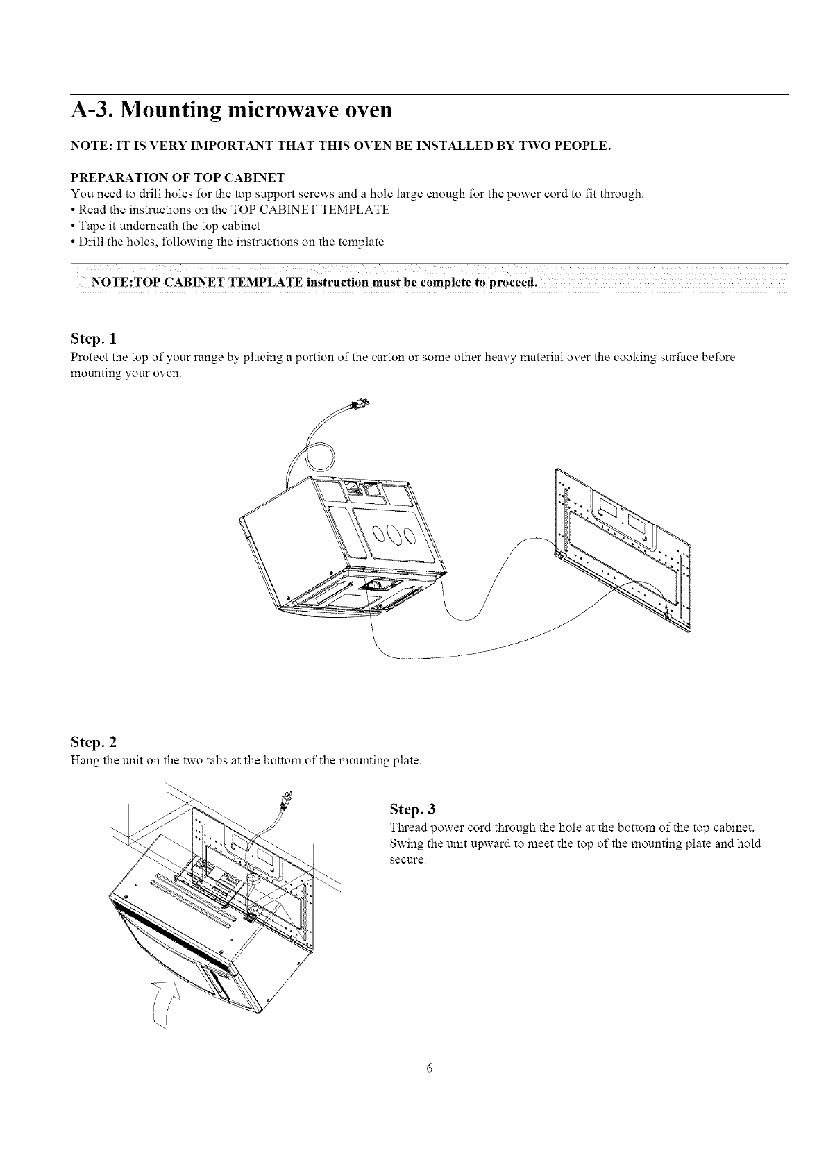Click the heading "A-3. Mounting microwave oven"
click(x=232, y=110)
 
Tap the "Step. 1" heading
click(x=94, y=339)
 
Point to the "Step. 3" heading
click(x=413, y=809)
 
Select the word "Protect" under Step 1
click(x=89, y=357)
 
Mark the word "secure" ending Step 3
click(x=404, y=859)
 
